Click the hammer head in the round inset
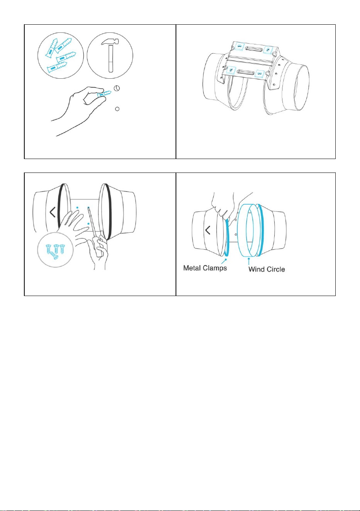110,42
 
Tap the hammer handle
111,59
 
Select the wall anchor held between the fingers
104,94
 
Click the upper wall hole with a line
117,88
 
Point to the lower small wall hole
117,109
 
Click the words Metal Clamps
205,268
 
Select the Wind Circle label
267,269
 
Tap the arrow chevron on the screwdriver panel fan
53,212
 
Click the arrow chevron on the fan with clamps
208,230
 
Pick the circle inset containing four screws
56,250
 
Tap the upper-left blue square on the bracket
239,47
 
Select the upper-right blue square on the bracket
268,49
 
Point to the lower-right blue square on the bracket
259,73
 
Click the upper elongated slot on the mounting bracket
254,48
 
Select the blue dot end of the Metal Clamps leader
226,259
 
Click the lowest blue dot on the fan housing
88,224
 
